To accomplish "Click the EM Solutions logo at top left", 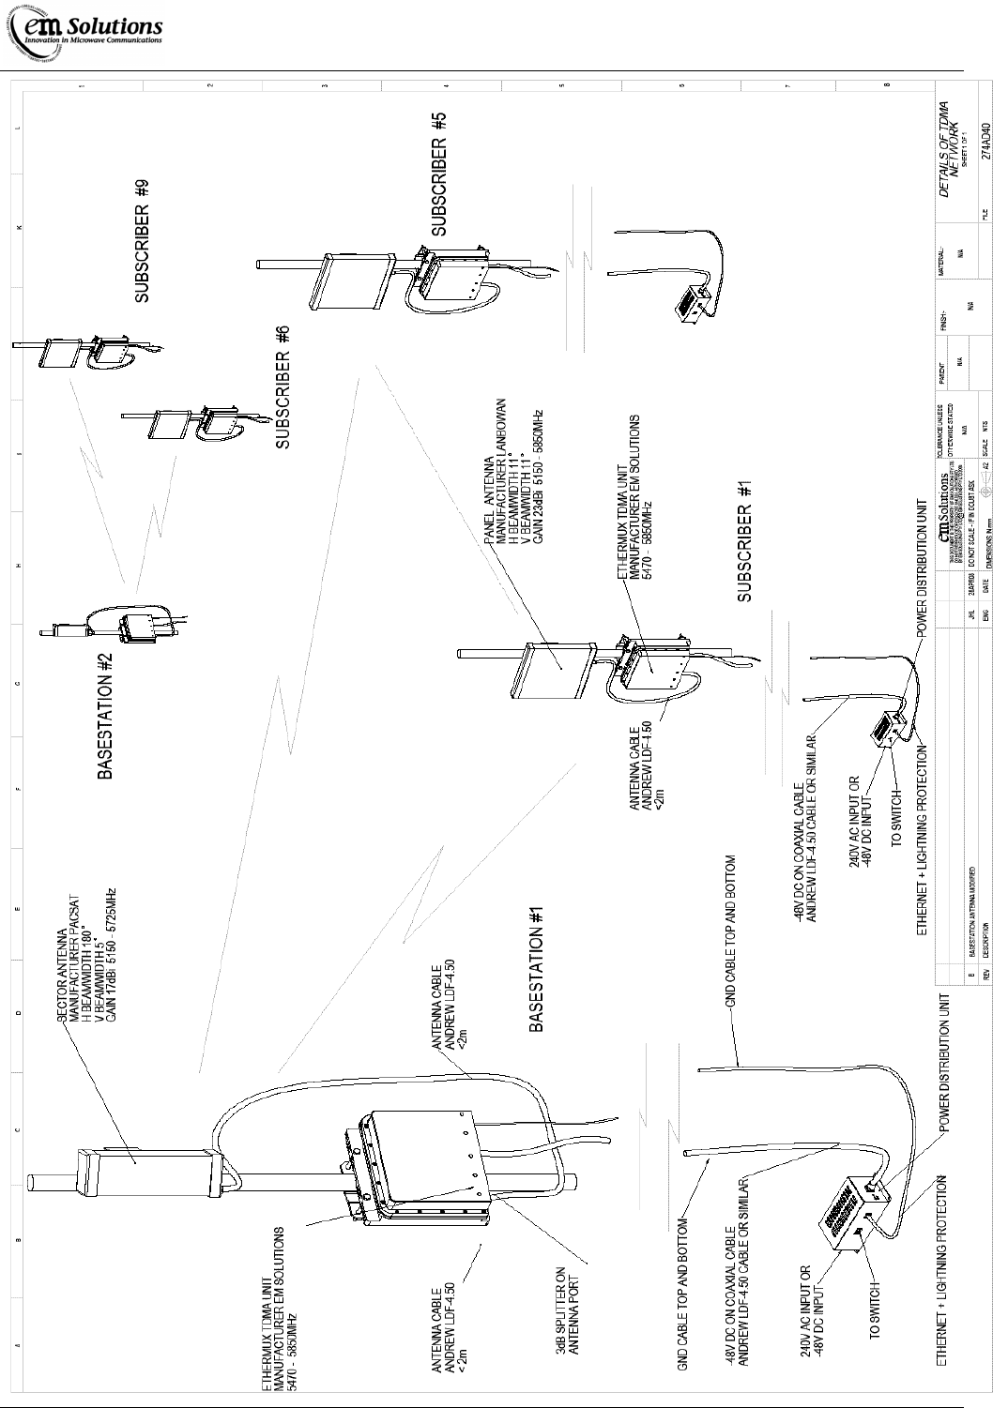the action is pyautogui.click(x=87, y=35).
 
